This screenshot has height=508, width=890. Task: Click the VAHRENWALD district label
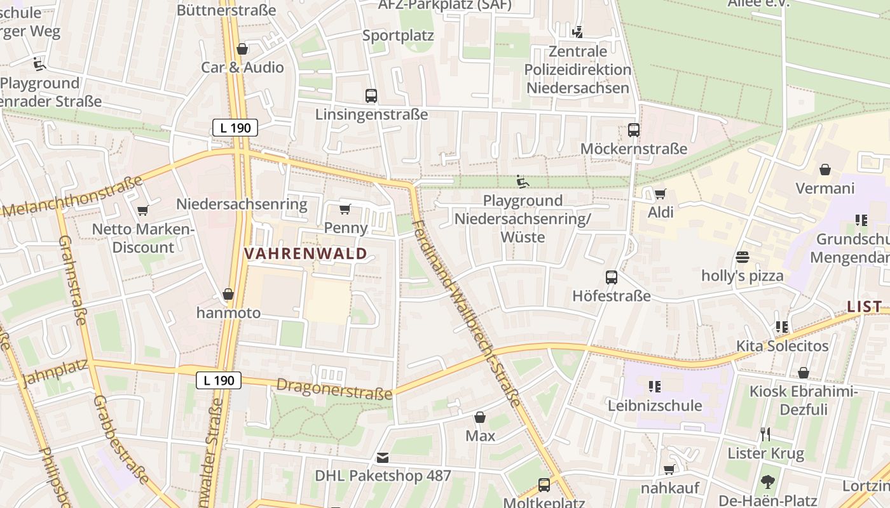pos(306,254)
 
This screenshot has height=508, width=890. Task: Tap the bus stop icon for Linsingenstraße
pos(371,96)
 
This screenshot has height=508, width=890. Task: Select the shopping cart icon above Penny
pos(345,209)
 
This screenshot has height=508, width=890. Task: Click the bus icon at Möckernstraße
pos(634,130)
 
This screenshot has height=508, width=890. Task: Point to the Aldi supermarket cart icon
pos(661,194)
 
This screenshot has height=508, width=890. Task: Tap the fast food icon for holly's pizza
pos(742,257)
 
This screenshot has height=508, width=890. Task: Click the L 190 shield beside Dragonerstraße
pos(219,380)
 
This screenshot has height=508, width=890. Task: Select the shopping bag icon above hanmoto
pos(228,294)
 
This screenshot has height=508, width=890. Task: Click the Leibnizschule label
pos(655,405)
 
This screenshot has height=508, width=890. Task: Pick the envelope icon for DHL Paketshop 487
pos(383,457)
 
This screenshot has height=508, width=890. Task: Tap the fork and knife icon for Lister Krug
pos(765,434)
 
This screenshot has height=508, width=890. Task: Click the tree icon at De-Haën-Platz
pos(768,481)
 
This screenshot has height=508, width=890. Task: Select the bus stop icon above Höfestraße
pos(612,277)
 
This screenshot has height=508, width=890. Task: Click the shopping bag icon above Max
pos(480,417)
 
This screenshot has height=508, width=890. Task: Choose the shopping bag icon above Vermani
pos(825,170)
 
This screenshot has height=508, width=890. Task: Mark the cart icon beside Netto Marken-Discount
pos(142,210)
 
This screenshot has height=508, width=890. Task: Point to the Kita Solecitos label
pos(782,346)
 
